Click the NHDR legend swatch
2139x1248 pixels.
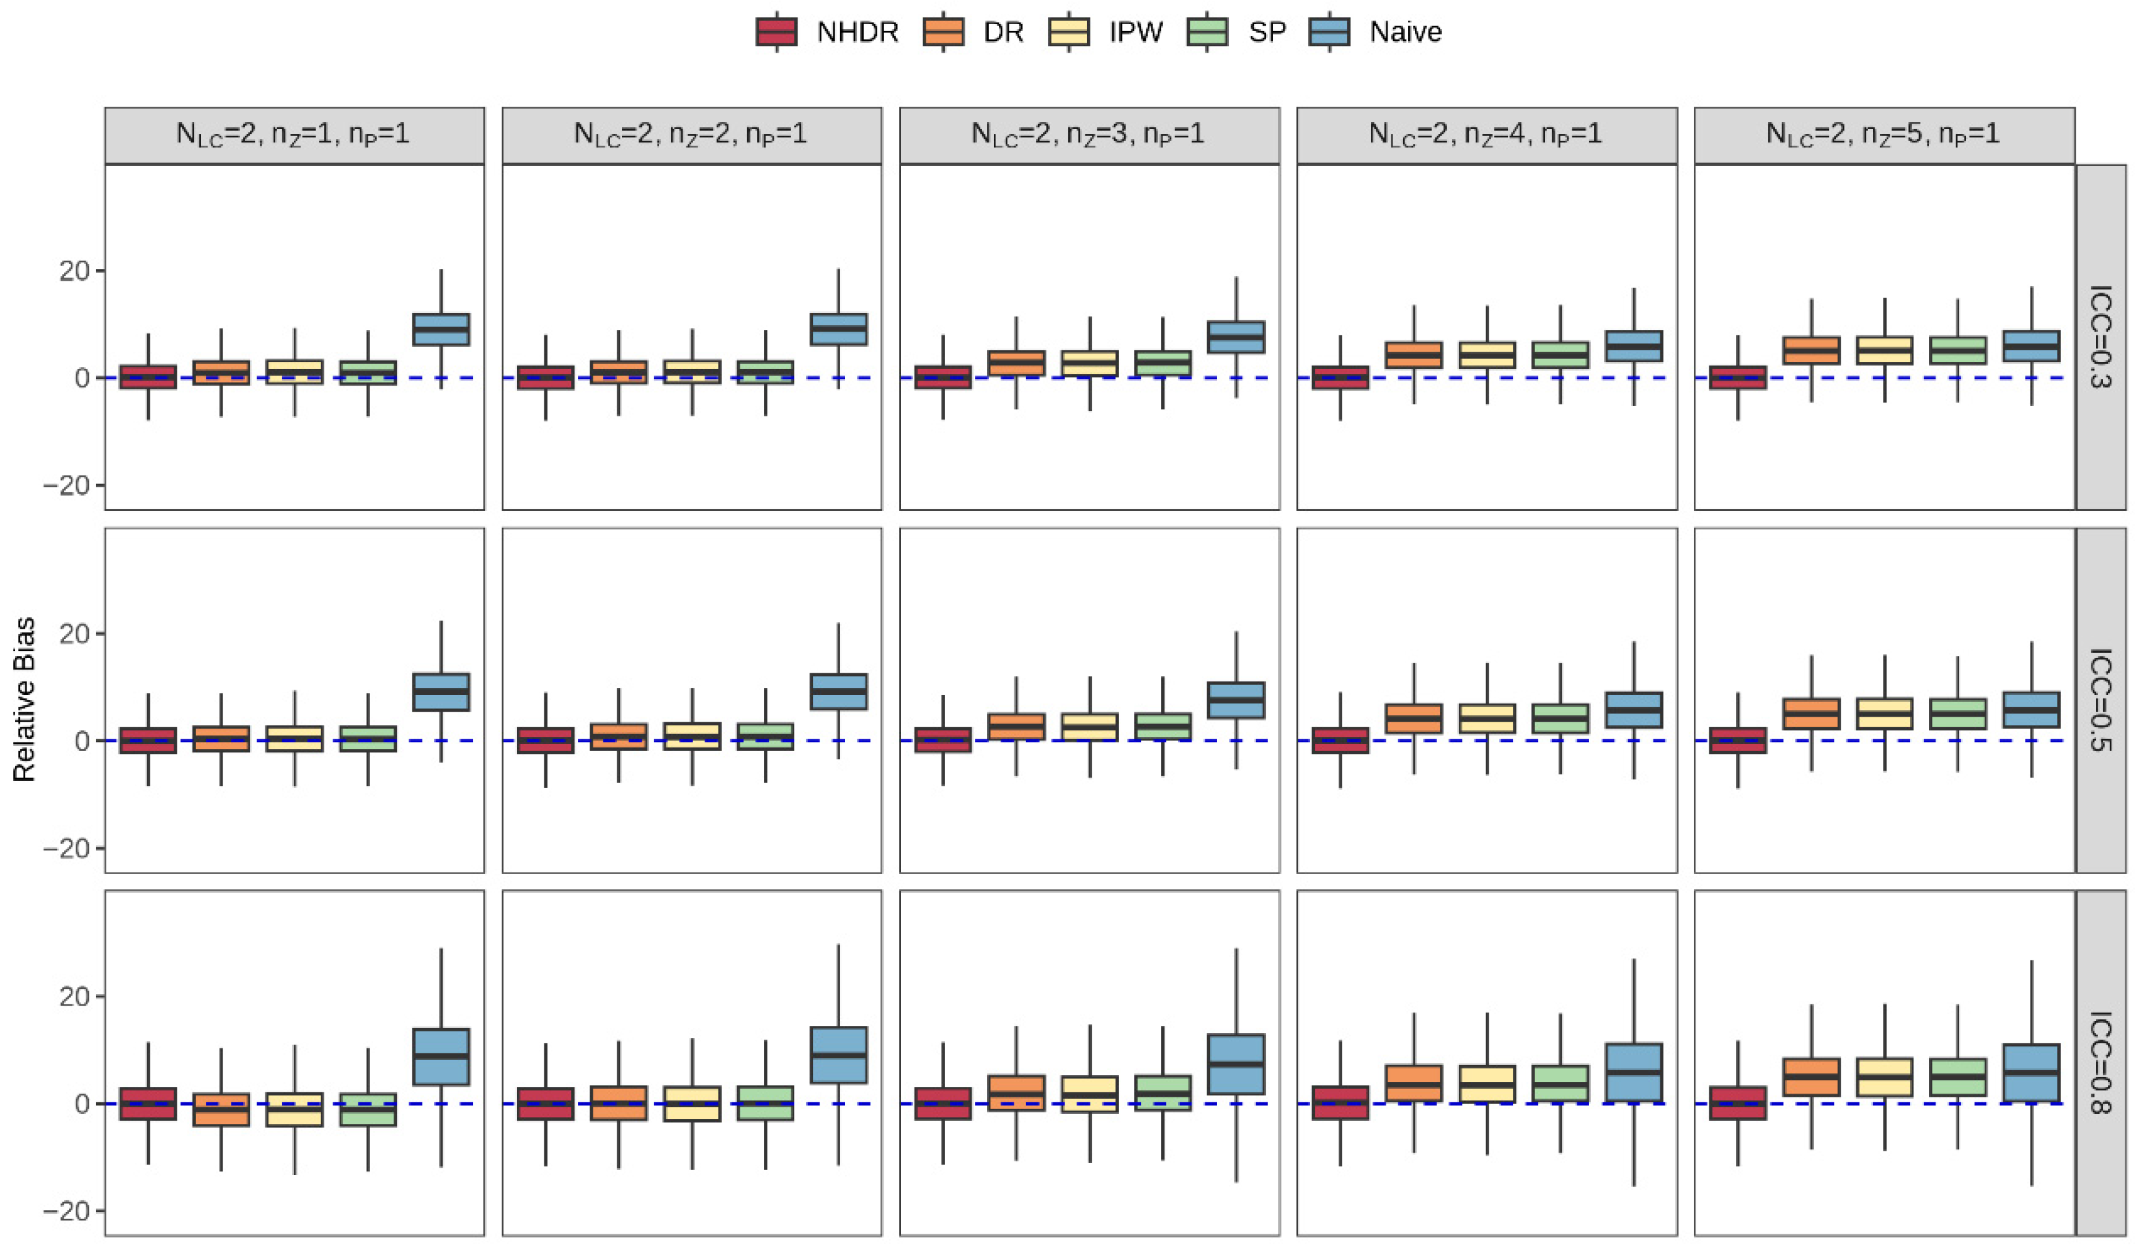tap(777, 32)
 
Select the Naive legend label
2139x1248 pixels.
tap(1406, 32)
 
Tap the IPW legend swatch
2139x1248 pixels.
tap(1069, 32)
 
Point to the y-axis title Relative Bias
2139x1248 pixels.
tap(24, 699)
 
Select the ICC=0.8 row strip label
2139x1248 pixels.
tap(2100, 1063)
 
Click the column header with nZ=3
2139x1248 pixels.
tap(1089, 135)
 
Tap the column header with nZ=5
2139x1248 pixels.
tap(1884, 135)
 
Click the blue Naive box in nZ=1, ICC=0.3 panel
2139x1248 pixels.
tap(441, 329)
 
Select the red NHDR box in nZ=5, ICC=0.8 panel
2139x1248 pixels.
tap(1737, 1103)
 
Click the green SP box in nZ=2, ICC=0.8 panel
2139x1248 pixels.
tap(766, 1103)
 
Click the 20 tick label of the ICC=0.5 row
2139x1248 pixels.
tap(74, 634)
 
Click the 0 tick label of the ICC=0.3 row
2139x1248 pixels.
tap(81, 378)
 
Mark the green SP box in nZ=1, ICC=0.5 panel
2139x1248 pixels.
tap(368, 738)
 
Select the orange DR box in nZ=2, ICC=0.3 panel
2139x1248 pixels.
tap(619, 372)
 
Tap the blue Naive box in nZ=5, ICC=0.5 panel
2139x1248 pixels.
tap(2031, 710)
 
